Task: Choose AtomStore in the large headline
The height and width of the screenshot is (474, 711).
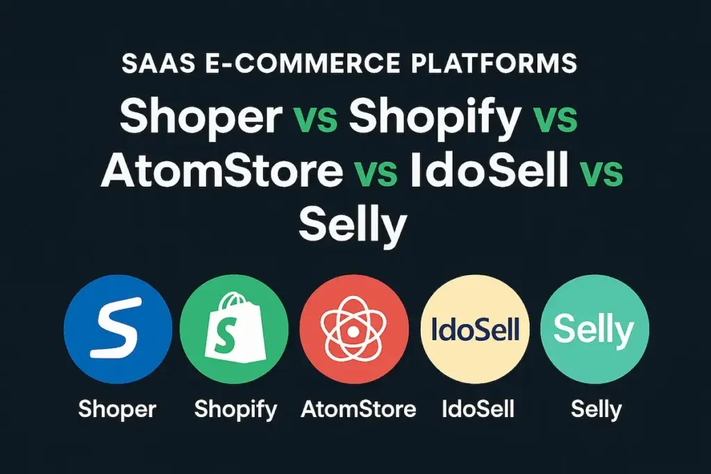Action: pyautogui.click(x=221, y=170)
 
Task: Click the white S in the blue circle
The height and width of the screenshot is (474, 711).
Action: pyautogui.click(x=117, y=328)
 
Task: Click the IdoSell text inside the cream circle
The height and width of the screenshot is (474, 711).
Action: pyautogui.click(x=475, y=329)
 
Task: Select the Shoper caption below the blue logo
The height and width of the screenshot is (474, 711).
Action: pyautogui.click(x=117, y=409)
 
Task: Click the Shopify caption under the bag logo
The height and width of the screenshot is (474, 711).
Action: pyautogui.click(x=235, y=410)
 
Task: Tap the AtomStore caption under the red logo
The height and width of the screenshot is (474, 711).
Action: pyautogui.click(x=358, y=409)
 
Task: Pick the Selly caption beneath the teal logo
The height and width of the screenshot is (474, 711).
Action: pyautogui.click(x=596, y=410)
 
